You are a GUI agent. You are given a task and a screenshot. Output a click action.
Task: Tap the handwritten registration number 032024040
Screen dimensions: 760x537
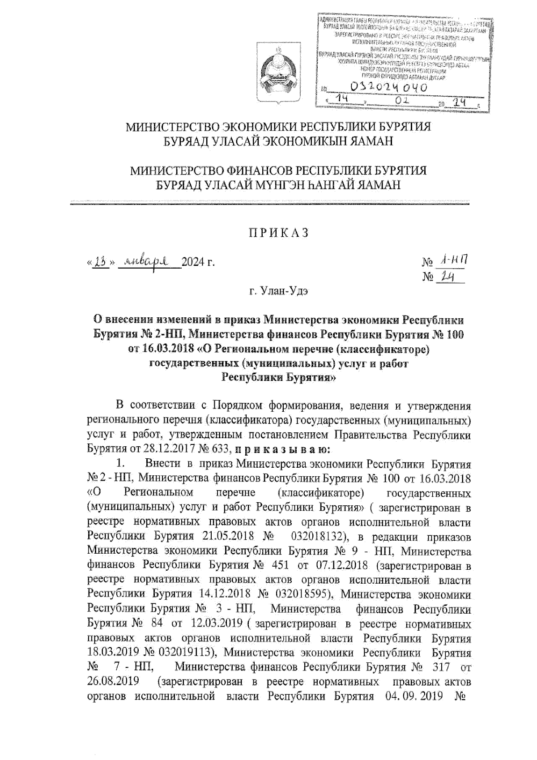[x=381, y=87]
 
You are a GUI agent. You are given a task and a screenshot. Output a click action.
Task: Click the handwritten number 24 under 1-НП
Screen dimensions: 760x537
[x=446, y=277]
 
